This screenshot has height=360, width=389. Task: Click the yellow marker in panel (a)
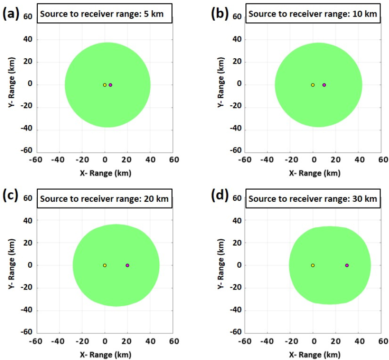(x=105, y=85)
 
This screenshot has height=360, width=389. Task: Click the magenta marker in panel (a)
(x=110, y=85)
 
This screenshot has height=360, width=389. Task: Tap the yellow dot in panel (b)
(x=313, y=85)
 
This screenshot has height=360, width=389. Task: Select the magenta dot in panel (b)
(x=324, y=85)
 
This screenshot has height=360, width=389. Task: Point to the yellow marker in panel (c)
(x=105, y=265)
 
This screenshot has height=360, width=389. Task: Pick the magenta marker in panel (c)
(x=127, y=265)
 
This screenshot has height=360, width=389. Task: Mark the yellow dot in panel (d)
(x=313, y=265)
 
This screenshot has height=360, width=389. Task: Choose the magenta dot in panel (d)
(x=347, y=265)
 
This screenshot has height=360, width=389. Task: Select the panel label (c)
(x=11, y=195)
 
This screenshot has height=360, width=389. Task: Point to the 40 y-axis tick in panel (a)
(x=28, y=39)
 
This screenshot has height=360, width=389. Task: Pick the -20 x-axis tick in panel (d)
(x=290, y=342)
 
